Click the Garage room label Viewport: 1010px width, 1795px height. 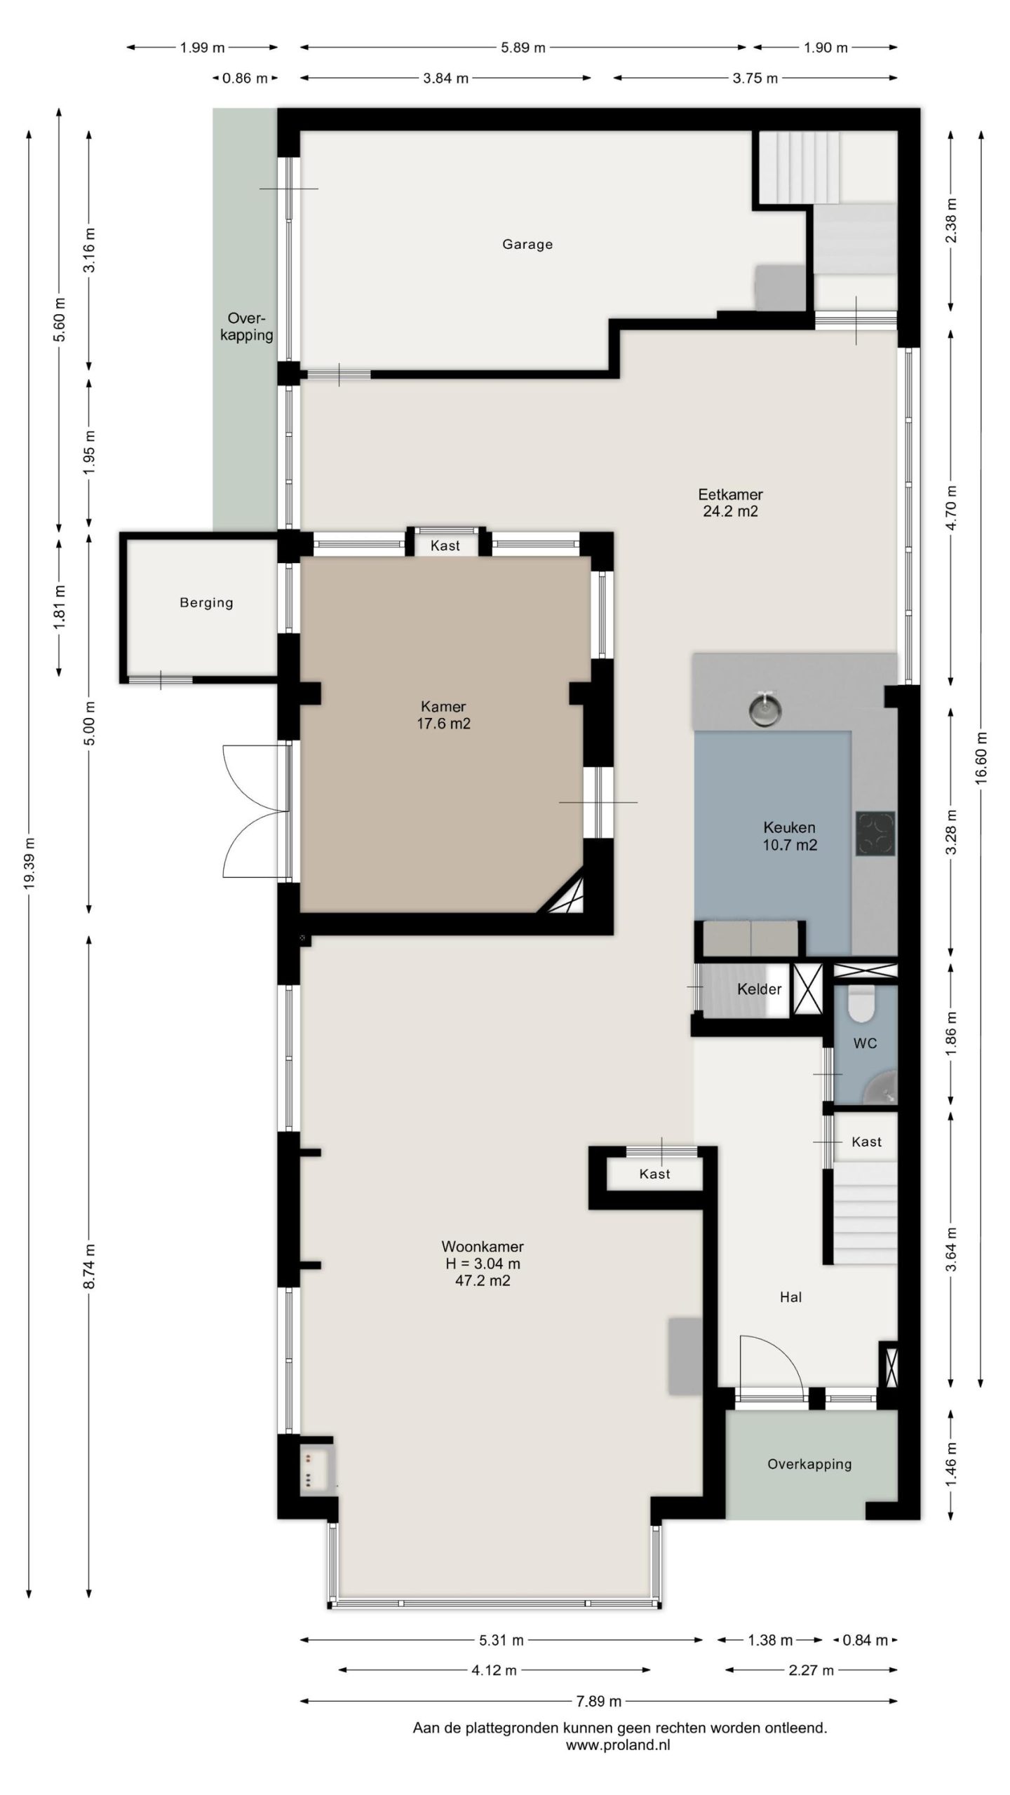click(527, 245)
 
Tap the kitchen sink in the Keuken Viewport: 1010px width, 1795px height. click(764, 709)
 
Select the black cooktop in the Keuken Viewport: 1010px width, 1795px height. click(875, 833)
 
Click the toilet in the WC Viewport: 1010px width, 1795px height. click(861, 1003)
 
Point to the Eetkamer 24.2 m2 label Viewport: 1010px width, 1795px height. click(730, 503)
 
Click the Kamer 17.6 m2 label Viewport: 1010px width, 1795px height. click(443, 715)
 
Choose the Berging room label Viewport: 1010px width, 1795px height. click(206, 602)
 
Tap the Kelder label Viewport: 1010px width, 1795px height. click(759, 989)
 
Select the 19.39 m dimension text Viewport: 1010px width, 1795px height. click(29, 864)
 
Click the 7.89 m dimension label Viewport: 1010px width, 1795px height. click(599, 1701)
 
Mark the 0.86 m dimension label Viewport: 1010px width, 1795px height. click(245, 79)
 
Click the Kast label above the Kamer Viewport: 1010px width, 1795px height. click(445, 546)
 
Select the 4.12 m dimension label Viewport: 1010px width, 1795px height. click(494, 1670)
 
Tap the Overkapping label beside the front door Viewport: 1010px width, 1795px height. click(809, 1465)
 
